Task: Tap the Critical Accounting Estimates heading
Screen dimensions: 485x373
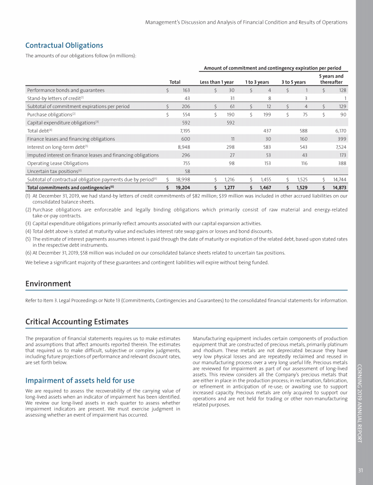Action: click(77, 322)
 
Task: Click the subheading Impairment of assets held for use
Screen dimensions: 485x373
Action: click(80, 380)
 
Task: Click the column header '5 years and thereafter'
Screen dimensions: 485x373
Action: click(331, 79)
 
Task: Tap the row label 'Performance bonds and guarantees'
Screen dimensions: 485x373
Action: click(66, 90)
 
